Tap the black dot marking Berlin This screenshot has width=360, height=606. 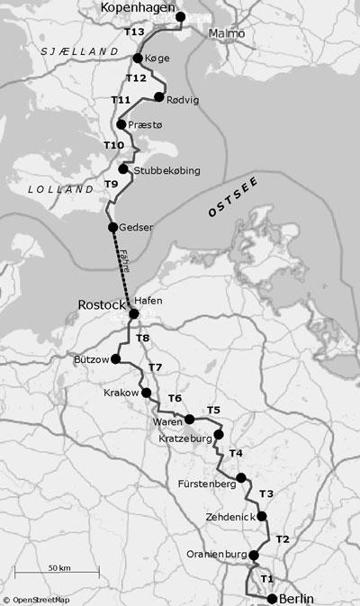click(272, 598)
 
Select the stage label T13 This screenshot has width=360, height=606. click(133, 32)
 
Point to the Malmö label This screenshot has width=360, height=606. click(226, 33)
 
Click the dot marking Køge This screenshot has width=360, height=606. click(138, 59)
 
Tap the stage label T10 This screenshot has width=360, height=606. click(113, 145)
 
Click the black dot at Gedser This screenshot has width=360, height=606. click(112, 227)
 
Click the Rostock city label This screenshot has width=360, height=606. click(103, 306)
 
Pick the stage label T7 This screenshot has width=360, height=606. click(155, 367)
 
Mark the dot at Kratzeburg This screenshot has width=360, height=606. click(219, 434)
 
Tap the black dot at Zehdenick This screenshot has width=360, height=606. click(262, 516)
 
